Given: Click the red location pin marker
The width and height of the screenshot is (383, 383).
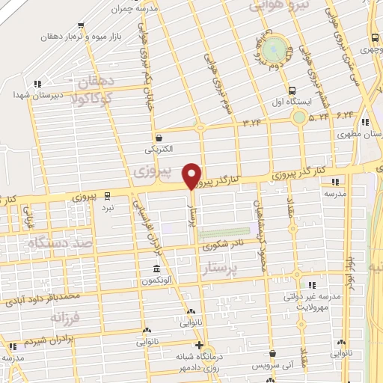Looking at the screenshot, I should point(192,176).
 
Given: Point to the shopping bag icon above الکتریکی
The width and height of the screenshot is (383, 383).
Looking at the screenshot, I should point(159,138).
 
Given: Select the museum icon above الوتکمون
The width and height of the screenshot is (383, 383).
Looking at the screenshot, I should point(156,269).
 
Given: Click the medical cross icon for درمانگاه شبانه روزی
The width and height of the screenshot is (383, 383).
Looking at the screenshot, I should point(198,345).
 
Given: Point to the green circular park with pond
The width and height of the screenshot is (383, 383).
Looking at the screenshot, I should point(275,49).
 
